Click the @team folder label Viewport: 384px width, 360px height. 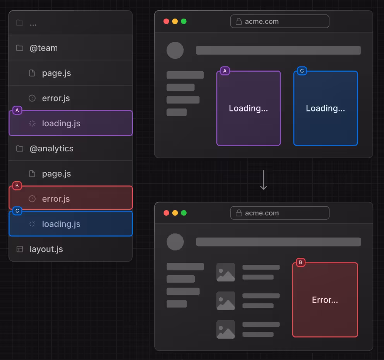(x=44, y=48)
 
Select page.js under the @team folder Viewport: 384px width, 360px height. (x=57, y=73)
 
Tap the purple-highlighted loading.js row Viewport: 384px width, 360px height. (x=71, y=123)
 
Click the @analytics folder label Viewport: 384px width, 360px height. (x=51, y=149)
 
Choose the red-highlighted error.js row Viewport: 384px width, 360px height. (x=71, y=198)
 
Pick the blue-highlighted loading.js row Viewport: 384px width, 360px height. (x=71, y=224)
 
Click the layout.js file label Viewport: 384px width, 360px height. (x=46, y=249)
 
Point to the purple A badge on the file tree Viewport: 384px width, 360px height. (x=17, y=110)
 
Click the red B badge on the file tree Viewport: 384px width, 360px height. (x=17, y=186)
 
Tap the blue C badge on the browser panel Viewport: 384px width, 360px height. (x=302, y=71)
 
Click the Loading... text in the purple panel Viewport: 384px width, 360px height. (x=249, y=108)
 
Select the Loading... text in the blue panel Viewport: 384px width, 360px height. (x=326, y=108)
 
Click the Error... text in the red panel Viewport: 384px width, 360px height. (x=325, y=300)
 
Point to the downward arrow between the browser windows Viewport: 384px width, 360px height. (x=264, y=180)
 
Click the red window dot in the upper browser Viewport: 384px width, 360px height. (x=166, y=21)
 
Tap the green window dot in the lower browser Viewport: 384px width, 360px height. (x=183, y=213)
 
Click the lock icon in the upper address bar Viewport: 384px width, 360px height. (x=239, y=22)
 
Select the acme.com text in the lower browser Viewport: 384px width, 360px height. (x=262, y=213)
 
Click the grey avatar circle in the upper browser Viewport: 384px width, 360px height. (x=175, y=50)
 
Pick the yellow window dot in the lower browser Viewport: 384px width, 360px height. (x=175, y=213)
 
